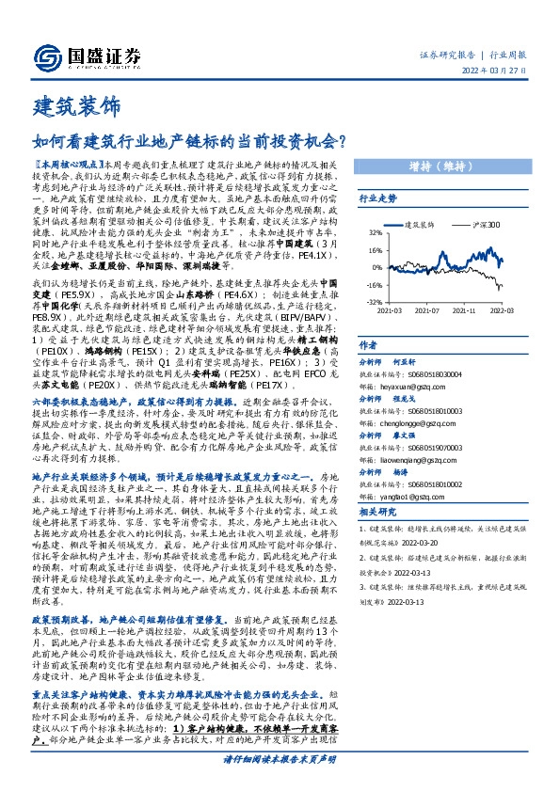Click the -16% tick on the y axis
pyautogui.click(x=374, y=284)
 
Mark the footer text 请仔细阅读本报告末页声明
pyautogui.click(x=280, y=758)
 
